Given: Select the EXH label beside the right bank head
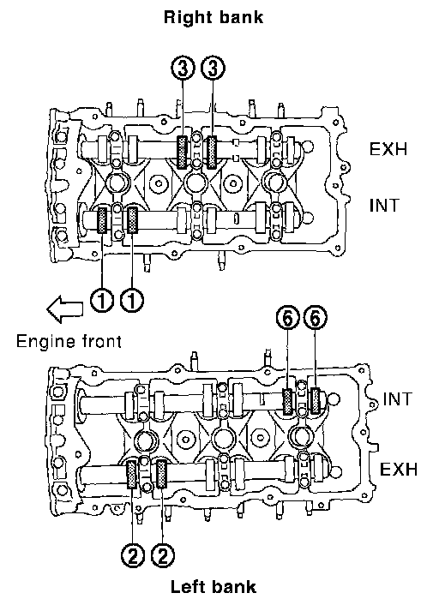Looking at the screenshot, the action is coord(388,149).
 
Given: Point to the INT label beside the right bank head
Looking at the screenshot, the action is coord(383,206).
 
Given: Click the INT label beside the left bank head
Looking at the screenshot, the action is coord(398,398).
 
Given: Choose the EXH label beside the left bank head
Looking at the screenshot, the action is coord(399,470).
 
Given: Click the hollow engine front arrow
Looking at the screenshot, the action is coord(64,308).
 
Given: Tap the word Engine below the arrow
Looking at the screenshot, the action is coord(45,342).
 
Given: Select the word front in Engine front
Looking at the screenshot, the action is coord(102,341).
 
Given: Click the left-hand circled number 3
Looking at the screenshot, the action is coord(183,69).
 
